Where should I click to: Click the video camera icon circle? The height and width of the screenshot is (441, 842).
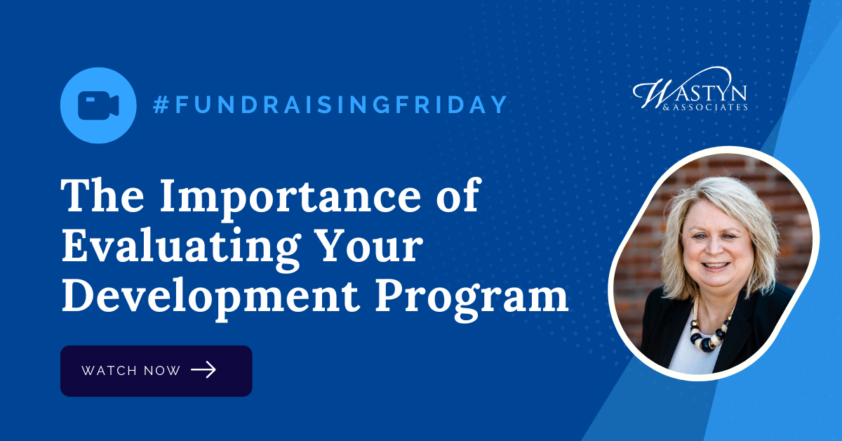(98, 105)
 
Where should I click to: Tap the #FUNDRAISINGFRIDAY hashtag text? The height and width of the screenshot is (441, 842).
(330, 105)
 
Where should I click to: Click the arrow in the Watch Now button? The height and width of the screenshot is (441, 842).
(203, 370)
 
